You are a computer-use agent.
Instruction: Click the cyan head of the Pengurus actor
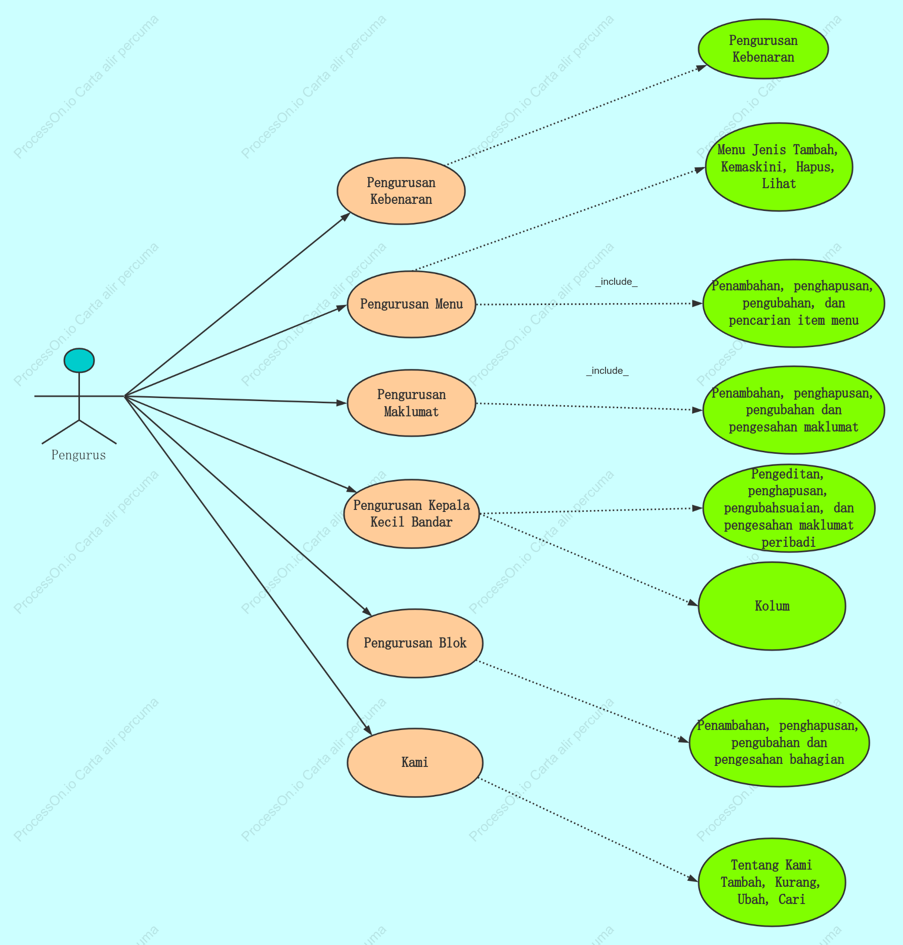(79, 360)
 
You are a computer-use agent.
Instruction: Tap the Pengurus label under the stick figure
(78, 455)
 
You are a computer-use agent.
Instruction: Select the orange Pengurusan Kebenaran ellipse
(401, 191)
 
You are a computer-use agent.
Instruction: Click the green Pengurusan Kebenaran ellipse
(763, 49)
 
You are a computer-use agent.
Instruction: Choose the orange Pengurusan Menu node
(411, 304)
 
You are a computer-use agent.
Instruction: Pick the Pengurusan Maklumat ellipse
(411, 403)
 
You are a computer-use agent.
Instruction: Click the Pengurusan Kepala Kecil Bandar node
(411, 513)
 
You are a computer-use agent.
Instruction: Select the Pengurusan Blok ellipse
(415, 643)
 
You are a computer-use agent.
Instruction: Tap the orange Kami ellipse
(415, 762)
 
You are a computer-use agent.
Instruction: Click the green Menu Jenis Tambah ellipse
(779, 166)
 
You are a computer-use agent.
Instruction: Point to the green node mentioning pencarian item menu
(793, 303)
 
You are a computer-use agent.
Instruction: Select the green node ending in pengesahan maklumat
(793, 410)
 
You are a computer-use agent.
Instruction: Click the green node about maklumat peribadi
(789, 508)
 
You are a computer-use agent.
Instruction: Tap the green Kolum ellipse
(772, 606)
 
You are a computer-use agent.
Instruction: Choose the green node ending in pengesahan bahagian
(779, 743)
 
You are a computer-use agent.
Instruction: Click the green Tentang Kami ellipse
(772, 882)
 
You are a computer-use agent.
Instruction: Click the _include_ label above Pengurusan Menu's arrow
(616, 282)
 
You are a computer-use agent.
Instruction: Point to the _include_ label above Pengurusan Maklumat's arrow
(607, 371)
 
